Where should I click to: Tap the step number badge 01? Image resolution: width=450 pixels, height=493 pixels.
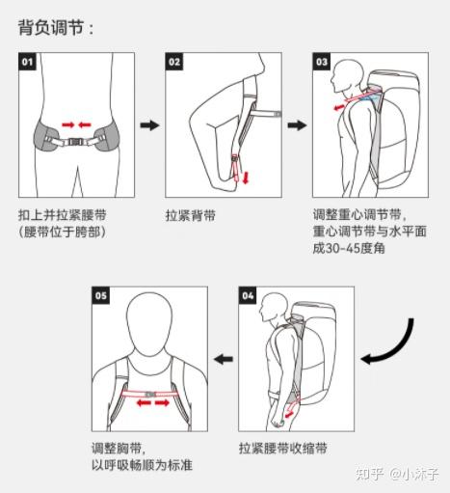(27, 62)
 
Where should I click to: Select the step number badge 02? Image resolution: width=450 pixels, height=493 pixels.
(174, 62)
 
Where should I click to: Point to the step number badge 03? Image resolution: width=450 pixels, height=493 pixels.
(322, 62)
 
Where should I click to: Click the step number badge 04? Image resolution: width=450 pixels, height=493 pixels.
(248, 295)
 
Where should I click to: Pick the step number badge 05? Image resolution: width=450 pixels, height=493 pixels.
(101, 295)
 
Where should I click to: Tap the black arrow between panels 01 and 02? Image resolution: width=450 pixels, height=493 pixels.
(149, 125)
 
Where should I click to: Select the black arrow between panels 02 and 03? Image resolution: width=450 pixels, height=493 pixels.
(297, 125)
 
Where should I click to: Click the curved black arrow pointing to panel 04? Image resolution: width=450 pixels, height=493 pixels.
(401, 349)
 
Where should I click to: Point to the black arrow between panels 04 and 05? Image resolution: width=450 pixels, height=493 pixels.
(224, 359)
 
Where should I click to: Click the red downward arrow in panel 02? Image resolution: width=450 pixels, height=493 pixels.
(246, 178)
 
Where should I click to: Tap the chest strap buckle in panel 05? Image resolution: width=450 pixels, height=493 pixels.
(150, 395)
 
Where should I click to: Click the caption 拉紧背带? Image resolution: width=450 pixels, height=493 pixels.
(191, 215)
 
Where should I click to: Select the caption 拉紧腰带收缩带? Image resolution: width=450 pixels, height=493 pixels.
(283, 448)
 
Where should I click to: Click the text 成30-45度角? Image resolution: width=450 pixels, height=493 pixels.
(349, 248)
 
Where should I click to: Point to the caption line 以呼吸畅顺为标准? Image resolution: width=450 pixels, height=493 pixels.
(142, 465)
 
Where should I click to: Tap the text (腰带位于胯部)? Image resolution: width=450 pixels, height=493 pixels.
(63, 232)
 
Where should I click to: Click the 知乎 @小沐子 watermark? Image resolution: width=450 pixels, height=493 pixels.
(397, 474)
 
